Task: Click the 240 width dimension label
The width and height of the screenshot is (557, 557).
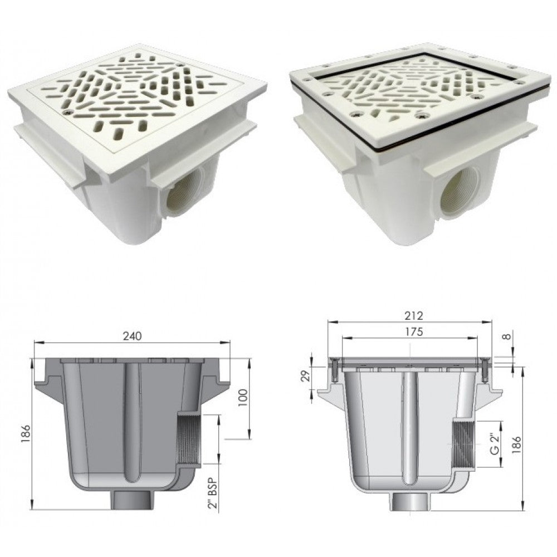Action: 132,336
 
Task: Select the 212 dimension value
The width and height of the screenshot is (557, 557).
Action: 413,315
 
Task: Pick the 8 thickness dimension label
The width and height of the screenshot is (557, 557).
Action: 509,335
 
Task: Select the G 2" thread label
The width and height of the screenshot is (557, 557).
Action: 495,444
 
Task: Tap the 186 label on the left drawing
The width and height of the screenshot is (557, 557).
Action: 26,434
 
